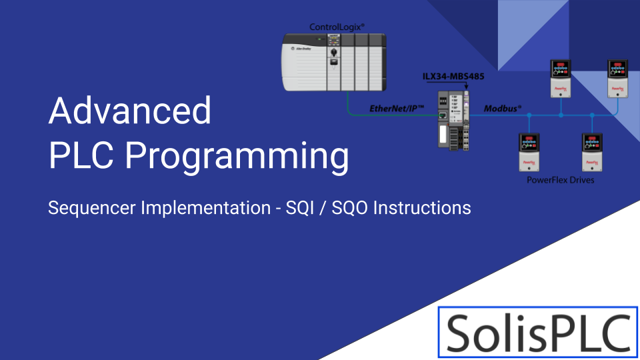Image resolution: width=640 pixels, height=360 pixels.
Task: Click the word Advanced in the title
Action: (x=130, y=111)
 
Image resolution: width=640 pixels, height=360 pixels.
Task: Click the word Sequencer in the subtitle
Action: (x=91, y=208)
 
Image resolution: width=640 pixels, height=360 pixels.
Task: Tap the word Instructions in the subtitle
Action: (x=422, y=207)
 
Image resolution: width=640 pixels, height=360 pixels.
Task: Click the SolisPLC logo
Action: (x=538, y=331)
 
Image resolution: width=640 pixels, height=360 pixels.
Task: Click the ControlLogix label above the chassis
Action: (x=337, y=27)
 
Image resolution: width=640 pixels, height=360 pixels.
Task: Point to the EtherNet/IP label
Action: (x=397, y=108)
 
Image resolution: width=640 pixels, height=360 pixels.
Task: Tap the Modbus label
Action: (x=502, y=108)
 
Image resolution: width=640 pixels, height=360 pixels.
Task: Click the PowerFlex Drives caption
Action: (x=559, y=180)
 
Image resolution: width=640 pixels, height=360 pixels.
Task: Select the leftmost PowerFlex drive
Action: (x=529, y=153)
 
